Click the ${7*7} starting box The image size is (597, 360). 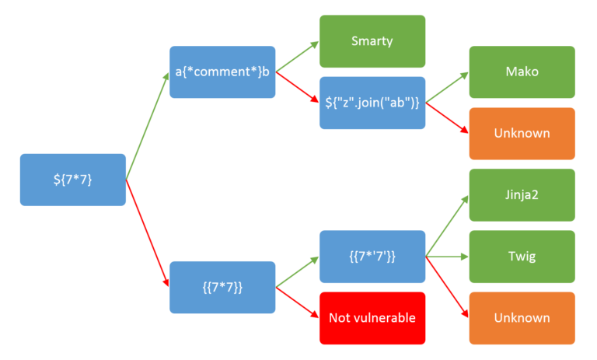pyautogui.click(x=72, y=180)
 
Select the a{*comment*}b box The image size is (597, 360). pyautogui.click(x=222, y=72)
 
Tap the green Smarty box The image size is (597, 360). pyautogui.click(x=372, y=40)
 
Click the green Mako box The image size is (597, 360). pyautogui.click(x=522, y=72)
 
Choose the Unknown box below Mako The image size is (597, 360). pyautogui.click(x=522, y=133)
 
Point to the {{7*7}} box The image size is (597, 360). pyautogui.click(x=222, y=287)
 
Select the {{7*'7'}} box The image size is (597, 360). pyautogui.click(x=372, y=256)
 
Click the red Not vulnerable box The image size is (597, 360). pyautogui.click(x=372, y=317)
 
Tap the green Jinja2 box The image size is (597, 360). pyautogui.click(x=522, y=194)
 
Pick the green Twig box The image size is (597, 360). pyautogui.click(x=522, y=256)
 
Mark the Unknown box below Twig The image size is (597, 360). pyautogui.click(x=522, y=317)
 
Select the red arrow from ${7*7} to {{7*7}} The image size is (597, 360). pyautogui.click(x=147, y=233)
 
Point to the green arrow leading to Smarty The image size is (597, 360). pyautogui.click(x=297, y=56)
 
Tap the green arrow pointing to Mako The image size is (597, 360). pyautogui.click(x=447, y=87)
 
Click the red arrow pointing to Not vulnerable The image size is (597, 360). pyautogui.click(x=297, y=302)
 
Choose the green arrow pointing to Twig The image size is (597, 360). pyautogui.click(x=447, y=256)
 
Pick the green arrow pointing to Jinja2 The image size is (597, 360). pyautogui.click(x=447, y=225)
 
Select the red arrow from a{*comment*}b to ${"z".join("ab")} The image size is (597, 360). pyautogui.click(x=297, y=87)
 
